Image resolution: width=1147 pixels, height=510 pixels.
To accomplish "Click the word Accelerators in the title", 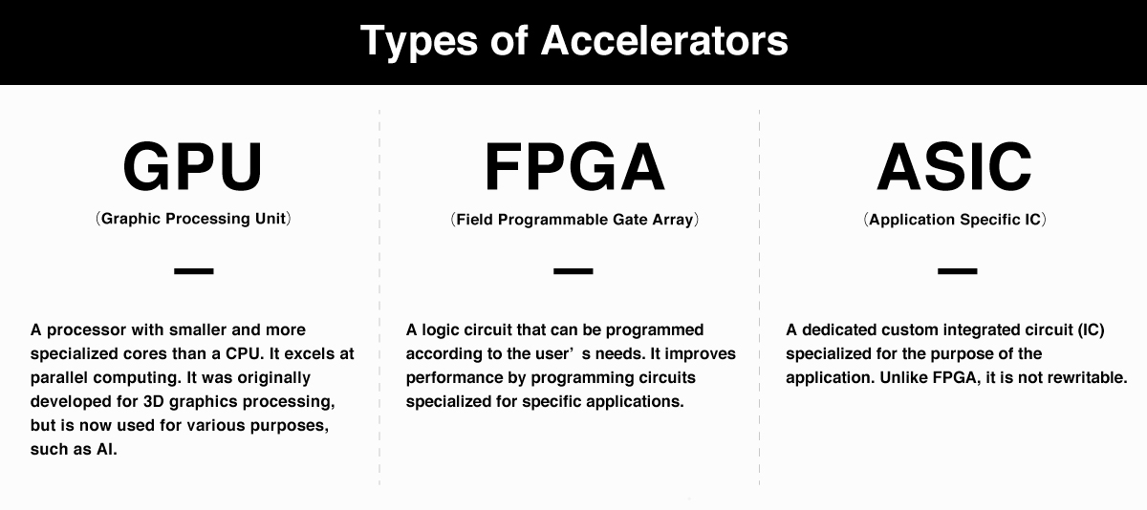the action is [664, 41].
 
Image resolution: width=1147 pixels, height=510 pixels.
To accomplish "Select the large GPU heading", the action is [193, 167].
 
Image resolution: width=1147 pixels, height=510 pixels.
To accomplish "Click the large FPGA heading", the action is [574, 167].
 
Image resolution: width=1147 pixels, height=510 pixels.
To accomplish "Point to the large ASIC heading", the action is [955, 167].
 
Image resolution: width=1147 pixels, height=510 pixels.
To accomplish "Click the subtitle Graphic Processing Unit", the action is [193, 219].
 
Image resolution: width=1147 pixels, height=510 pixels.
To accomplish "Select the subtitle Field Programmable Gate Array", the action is [574, 220].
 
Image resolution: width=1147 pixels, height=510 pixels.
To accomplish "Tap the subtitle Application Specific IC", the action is [955, 220].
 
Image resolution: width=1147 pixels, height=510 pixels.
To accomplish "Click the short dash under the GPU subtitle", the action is [193, 271].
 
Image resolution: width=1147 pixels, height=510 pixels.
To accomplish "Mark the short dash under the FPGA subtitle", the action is [573, 271].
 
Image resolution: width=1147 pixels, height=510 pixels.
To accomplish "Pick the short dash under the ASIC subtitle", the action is [957, 271].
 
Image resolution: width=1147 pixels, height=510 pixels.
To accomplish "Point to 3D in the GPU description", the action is [154, 401].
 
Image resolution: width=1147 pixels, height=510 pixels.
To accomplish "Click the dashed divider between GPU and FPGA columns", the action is [379, 297].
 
